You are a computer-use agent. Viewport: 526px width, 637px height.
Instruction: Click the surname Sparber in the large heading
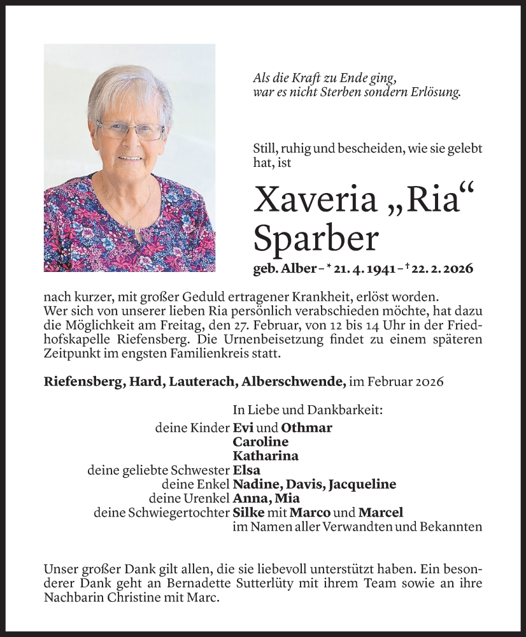316,238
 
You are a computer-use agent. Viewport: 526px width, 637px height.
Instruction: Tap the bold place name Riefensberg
82,382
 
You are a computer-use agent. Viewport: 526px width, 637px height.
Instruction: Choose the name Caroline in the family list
260,441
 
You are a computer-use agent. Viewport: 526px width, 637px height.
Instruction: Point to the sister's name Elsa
246,470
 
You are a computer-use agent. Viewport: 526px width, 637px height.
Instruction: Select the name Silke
248,512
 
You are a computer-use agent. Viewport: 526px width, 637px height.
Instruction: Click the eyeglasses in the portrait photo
131,131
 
